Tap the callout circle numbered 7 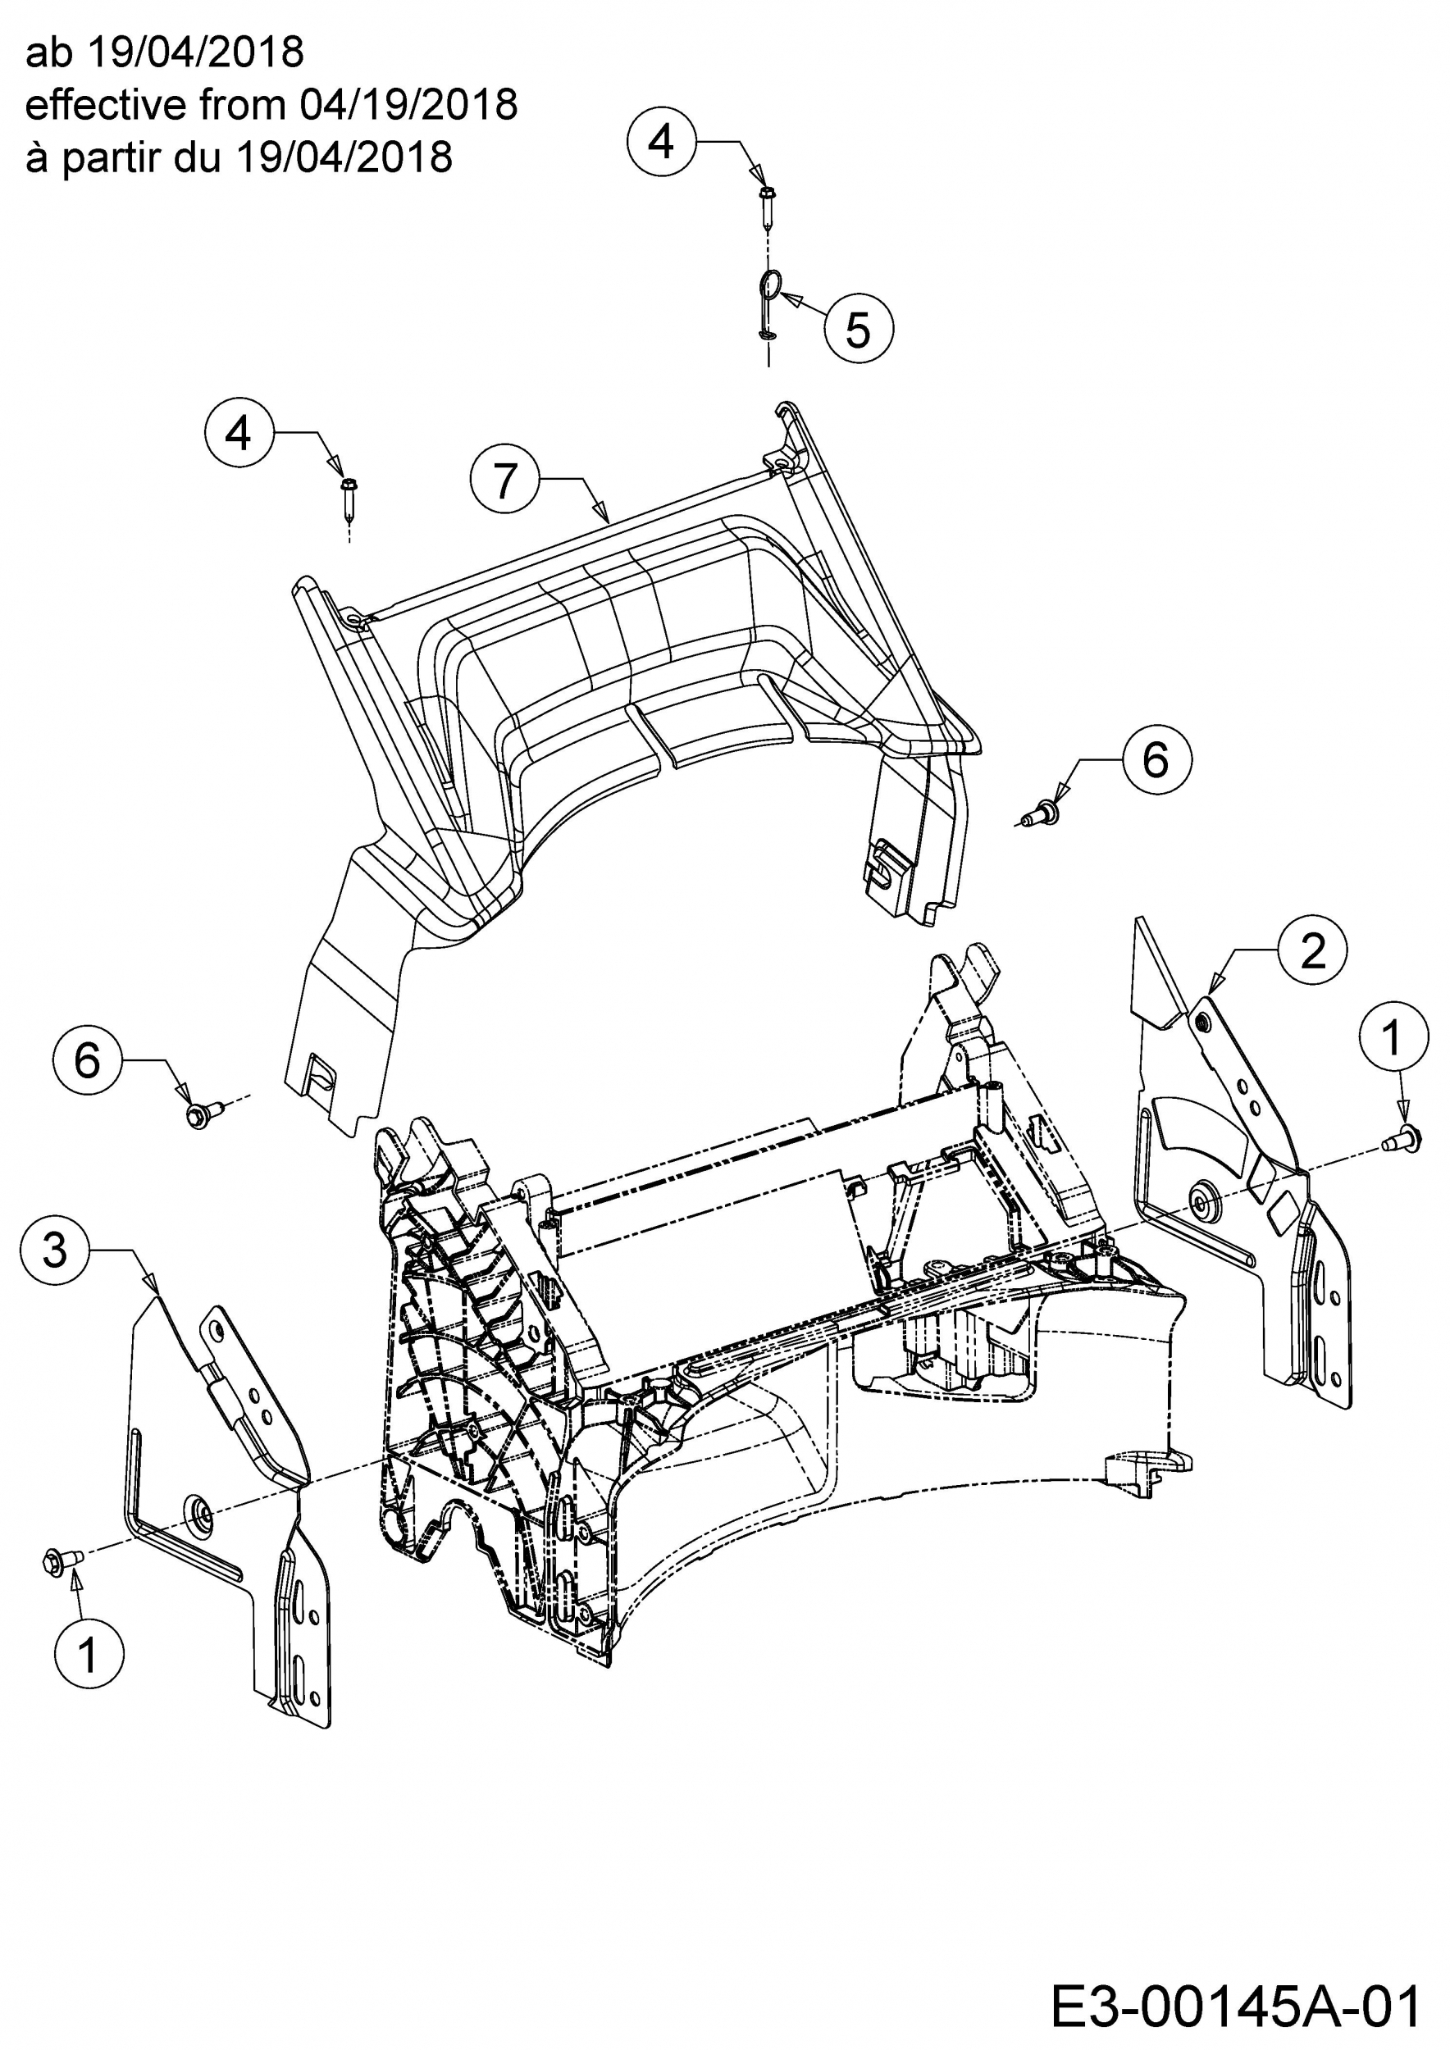tap(505, 481)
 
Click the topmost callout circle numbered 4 tap(661, 141)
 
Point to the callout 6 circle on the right tap(1156, 760)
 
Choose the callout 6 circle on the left tap(88, 1059)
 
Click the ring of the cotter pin tap(771, 285)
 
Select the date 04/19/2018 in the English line tap(408, 105)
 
